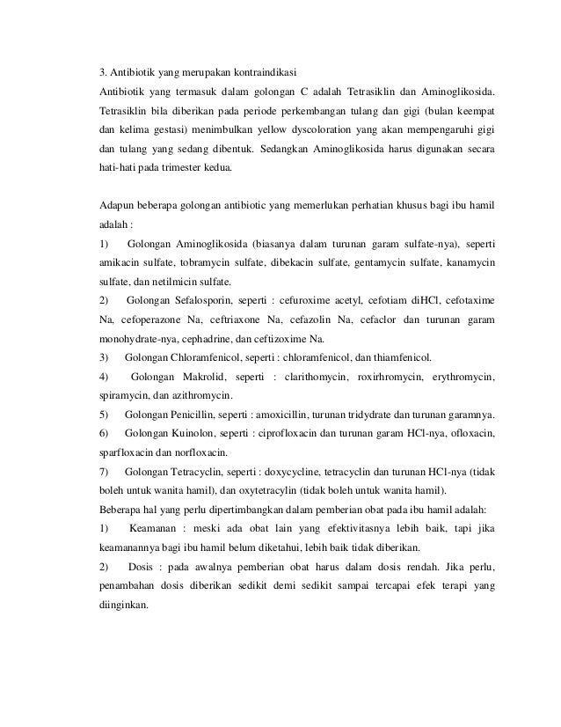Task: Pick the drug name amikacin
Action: (x=120, y=262)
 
